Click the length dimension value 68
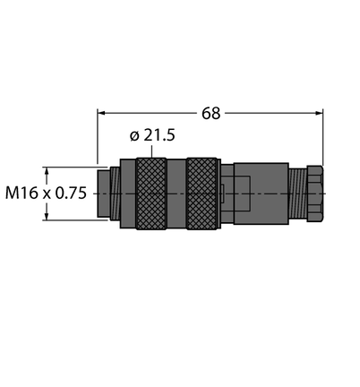tap(211, 114)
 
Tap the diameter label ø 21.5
tap(152, 135)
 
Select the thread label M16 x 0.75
tap(46, 193)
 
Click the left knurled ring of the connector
tap(151, 193)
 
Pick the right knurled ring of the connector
tap(201, 193)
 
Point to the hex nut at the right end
tap(315, 193)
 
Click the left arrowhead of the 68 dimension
tap(101, 113)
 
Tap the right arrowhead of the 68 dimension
tap(319, 113)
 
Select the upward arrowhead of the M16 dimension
tap(47, 171)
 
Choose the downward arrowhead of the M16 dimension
tap(47, 216)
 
